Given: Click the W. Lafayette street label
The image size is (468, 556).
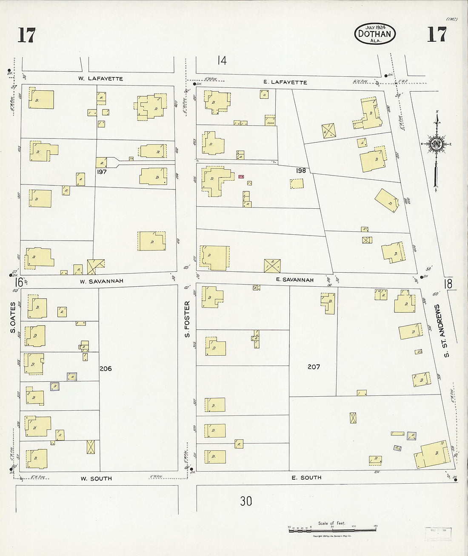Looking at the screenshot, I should (100, 79).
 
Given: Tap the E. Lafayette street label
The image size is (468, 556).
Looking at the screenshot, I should (285, 82).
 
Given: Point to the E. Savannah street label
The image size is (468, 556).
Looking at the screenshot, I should (294, 280).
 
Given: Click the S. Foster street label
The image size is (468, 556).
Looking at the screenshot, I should (187, 319).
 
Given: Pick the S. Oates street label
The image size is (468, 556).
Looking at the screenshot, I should (13, 317).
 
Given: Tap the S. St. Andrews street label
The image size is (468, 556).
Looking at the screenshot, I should (444, 330).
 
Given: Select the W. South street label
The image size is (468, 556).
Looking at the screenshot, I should (96, 478).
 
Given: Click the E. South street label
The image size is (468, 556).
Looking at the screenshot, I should (306, 478).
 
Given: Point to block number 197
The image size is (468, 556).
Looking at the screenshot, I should (101, 172).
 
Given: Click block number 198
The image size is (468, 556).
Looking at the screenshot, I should (301, 170).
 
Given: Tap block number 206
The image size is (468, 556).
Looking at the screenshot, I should (106, 368).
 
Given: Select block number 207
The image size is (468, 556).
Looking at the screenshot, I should (314, 366).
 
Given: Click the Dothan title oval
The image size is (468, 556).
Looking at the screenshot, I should (375, 34).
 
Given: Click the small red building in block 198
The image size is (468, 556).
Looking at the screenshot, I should (241, 176).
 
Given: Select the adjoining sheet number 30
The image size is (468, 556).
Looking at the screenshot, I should (246, 501).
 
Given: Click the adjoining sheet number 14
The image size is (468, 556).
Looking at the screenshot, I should (222, 60).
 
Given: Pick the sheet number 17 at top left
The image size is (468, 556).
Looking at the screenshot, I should (26, 35).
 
